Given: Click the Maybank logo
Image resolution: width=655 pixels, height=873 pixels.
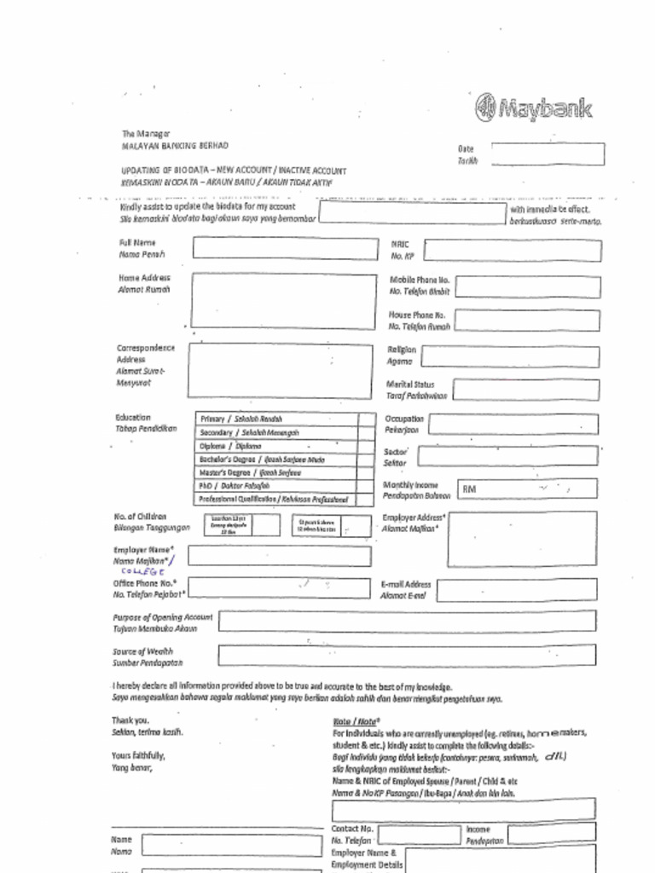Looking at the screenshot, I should coord(533,108).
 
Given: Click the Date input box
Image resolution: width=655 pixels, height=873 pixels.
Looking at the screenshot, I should coord(548,154).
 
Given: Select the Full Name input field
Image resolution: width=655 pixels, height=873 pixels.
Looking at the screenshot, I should coord(283,248).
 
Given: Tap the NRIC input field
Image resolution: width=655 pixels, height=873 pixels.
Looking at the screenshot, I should coord(512,251).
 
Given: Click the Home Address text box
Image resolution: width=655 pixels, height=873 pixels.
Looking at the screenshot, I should coord(283,301).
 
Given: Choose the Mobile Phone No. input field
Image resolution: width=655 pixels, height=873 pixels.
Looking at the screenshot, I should coord(527,286).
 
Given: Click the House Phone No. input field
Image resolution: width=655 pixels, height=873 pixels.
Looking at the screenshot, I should coord(527,321).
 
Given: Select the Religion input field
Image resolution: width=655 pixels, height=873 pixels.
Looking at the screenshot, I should coord(510,356).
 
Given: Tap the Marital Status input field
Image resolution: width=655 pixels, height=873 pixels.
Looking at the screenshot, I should coord(525,390).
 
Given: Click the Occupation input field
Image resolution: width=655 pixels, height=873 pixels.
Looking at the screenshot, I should coord(513,425).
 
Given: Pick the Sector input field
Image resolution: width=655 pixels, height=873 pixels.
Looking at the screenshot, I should coord(507,456).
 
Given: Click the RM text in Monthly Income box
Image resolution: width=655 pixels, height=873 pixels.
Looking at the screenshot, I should coord(469,489).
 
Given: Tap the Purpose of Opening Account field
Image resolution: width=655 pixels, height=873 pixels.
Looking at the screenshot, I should coord(407,621).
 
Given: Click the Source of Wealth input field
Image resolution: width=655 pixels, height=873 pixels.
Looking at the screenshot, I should coord(407,655).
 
